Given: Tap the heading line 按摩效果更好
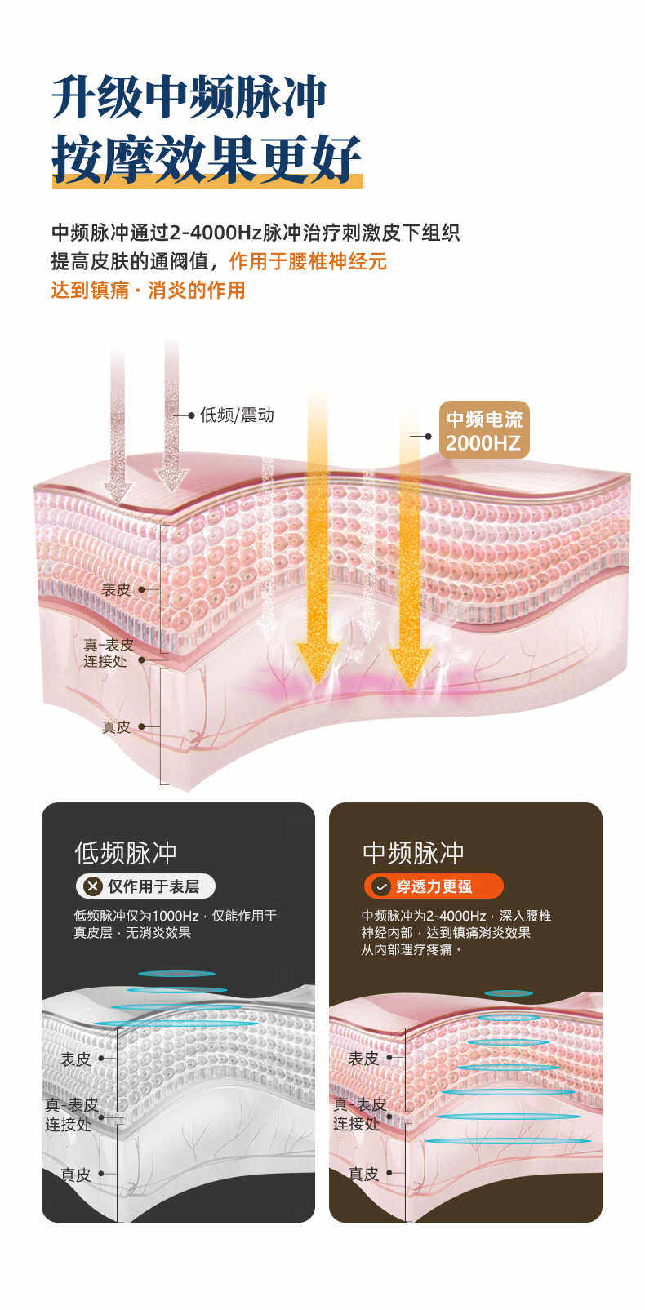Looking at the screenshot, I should pos(206,158).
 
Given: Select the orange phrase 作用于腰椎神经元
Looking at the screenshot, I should pos(308,261).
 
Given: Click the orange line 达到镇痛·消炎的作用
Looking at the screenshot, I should pos(148,290).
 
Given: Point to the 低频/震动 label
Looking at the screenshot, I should pos(237,415).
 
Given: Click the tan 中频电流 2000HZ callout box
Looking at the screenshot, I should pos(484,430).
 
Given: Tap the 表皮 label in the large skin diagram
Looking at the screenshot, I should pos(116,589).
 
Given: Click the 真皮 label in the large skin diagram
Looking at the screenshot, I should pos(116,726).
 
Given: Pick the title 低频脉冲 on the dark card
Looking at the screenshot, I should pos(126,853).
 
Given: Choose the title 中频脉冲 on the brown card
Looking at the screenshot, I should pos(413,853).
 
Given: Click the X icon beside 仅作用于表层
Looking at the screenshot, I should pos(93,886).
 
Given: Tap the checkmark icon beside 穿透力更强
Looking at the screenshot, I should pos(380,886).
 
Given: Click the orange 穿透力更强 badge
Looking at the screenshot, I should pos(434,886).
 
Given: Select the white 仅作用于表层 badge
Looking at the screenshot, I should pos(146,886).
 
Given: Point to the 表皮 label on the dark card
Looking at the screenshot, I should pos(76,1059).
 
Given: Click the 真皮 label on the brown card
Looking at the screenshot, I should pos(363,1174).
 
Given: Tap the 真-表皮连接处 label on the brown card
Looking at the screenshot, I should pos(358,1114).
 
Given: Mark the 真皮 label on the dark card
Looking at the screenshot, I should pos(76,1175).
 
